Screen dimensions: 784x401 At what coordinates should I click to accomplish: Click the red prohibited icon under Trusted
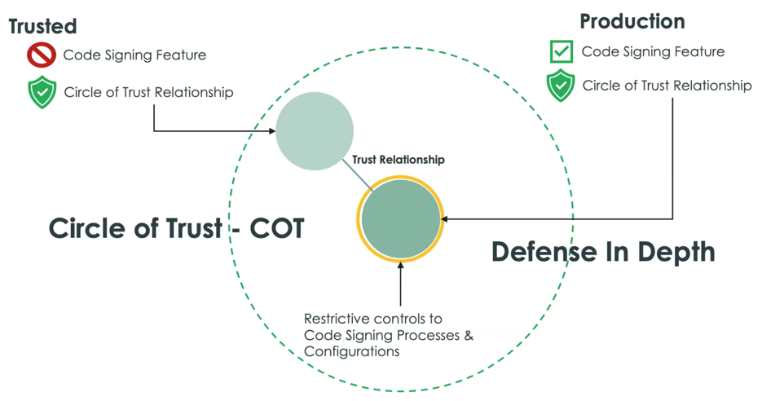click(42, 55)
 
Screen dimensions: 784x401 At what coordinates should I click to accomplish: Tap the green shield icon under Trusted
click(42, 92)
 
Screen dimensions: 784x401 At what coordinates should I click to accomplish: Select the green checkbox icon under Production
click(561, 51)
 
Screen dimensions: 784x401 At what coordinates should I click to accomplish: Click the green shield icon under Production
click(561, 86)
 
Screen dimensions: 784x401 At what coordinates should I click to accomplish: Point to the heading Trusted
click(42, 26)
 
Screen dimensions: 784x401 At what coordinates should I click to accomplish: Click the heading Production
click(632, 21)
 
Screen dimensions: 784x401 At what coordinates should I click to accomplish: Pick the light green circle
click(315, 131)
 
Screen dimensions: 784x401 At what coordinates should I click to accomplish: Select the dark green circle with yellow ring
click(400, 218)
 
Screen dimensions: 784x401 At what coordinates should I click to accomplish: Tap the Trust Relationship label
click(398, 160)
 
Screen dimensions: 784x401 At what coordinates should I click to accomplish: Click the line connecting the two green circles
click(358, 174)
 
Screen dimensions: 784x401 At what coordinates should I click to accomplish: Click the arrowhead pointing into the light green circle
click(272, 131)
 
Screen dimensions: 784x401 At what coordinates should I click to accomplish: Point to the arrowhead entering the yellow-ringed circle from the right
click(444, 218)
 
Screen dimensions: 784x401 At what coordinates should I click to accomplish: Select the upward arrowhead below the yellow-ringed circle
click(400, 266)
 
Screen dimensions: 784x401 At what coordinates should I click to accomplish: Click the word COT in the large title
click(277, 228)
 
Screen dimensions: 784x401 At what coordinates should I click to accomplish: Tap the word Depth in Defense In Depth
click(676, 252)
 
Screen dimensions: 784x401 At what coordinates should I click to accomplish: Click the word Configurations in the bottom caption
click(351, 351)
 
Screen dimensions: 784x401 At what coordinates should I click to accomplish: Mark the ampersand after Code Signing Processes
click(468, 335)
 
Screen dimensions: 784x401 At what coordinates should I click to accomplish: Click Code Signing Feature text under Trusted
click(134, 55)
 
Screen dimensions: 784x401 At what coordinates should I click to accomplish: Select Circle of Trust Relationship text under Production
click(667, 86)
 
